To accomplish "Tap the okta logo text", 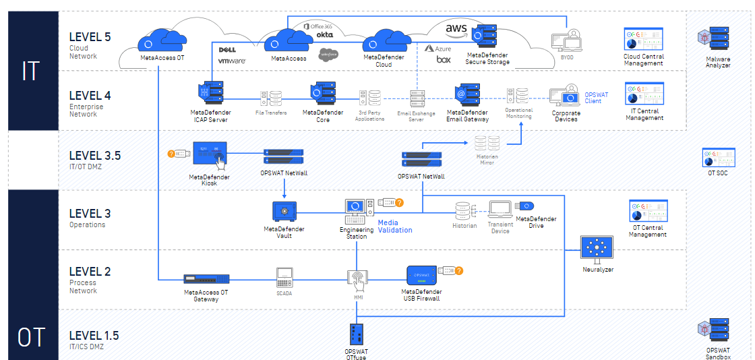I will (x=324, y=34).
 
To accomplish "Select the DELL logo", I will (x=227, y=50).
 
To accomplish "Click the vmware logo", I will (x=231, y=61).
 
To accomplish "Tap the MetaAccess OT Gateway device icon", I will (x=206, y=278).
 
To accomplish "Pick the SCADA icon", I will (x=284, y=276).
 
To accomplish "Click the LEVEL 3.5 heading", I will (x=94, y=155).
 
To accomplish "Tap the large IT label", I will (x=30, y=69).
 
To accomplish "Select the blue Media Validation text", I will (x=394, y=226).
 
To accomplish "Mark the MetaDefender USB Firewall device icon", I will (x=423, y=274).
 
